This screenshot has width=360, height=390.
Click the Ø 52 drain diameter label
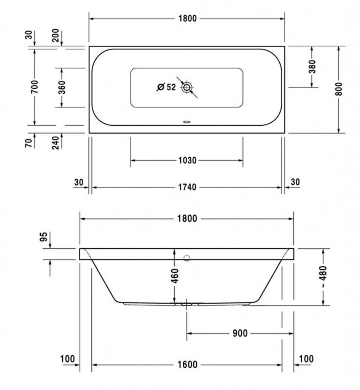[166, 87]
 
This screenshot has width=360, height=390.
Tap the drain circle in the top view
[186, 87]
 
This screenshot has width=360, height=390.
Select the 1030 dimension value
[188, 160]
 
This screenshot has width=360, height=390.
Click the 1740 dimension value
[188, 187]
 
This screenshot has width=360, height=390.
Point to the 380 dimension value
[312, 66]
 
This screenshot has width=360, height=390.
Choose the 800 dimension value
[339, 89]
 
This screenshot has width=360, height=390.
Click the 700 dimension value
[35, 86]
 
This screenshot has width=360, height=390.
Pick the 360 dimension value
[62, 87]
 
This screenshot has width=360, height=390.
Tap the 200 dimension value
[56, 35]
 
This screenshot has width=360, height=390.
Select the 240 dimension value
[56, 142]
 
